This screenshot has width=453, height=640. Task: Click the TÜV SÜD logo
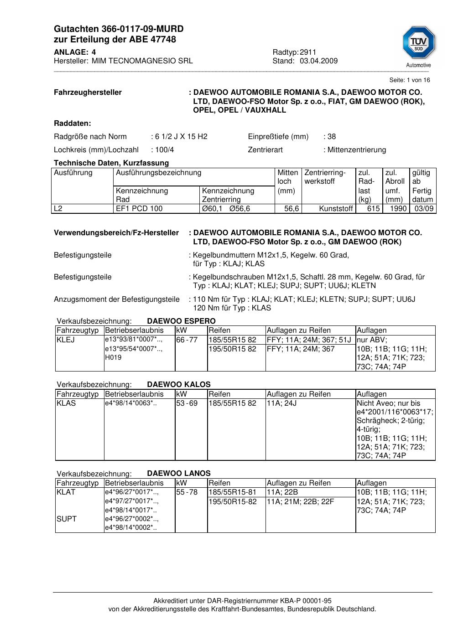pos(418,43)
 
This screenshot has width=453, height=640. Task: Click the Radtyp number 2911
pos(308,52)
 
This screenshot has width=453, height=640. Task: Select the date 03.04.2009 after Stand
pos(318,61)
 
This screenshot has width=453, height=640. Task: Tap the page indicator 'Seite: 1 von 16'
pos(410,80)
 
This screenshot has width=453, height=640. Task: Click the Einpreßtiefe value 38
pos(332,137)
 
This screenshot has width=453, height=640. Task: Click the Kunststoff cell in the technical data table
pos(336,209)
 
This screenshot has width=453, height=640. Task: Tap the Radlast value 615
pos(374,209)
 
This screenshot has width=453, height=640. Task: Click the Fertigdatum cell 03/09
pos(424,209)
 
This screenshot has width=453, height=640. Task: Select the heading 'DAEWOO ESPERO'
pos(181,321)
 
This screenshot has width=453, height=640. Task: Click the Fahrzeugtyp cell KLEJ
pos(66,340)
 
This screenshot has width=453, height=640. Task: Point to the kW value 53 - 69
pos(187,403)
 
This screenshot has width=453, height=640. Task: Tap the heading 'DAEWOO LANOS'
pos(179,474)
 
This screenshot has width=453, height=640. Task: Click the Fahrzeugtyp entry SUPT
pos(67,519)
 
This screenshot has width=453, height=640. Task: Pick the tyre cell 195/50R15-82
pos(233,502)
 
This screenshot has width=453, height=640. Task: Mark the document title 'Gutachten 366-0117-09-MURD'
pos(119,29)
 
